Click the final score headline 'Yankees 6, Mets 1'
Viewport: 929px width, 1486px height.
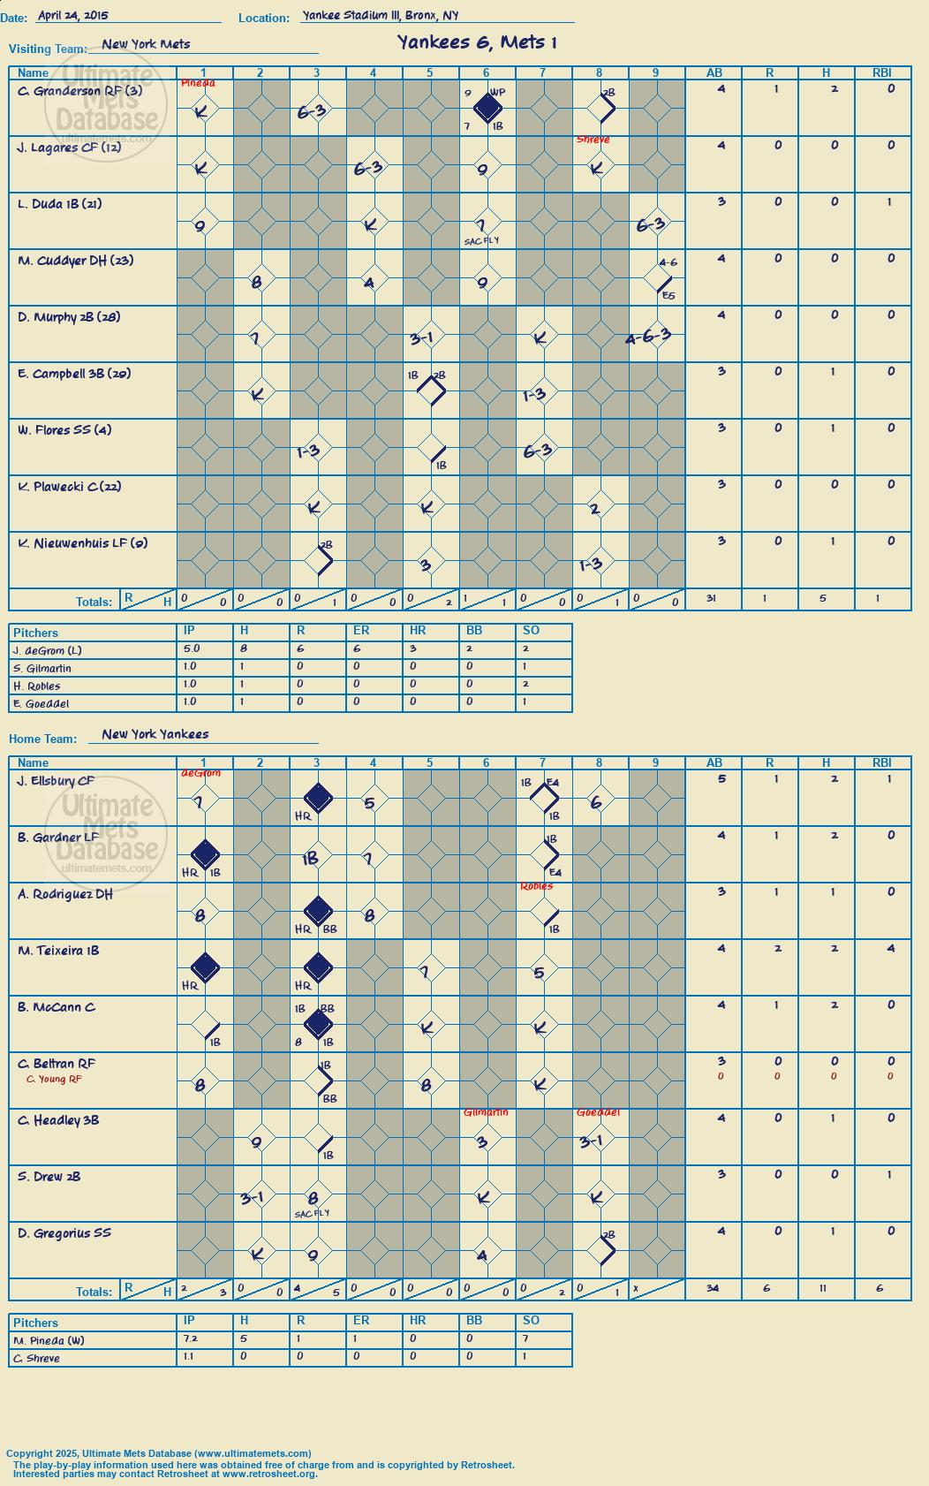pyautogui.click(x=477, y=42)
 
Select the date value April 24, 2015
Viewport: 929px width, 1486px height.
pyautogui.click(x=73, y=15)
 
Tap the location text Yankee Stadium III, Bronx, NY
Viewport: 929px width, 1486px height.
pyautogui.click(x=381, y=15)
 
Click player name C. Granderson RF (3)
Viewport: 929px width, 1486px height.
pyautogui.click(x=79, y=91)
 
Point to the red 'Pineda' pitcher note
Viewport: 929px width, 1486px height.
pyautogui.click(x=198, y=83)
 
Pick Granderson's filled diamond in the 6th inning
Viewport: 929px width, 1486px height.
pyautogui.click(x=487, y=108)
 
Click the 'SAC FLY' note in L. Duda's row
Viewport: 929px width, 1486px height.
pyautogui.click(x=481, y=241)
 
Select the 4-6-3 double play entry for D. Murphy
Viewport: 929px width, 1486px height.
pyautogui.click(x=648, y=337)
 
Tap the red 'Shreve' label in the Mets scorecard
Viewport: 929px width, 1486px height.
pyautogui.click(x=593, y=140)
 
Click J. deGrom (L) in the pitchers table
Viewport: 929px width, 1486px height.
pyautogui.click(x=47, y=651)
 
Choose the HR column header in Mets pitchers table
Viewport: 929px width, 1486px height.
pyautogui.click(x=418, y=630)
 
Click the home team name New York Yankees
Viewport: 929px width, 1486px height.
pyautogui.click(x=155, y=734)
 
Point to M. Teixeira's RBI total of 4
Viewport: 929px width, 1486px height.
pyautogui.click(x=890, y=948)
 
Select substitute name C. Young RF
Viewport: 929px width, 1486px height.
pyautogui.click(x=54, y=1080)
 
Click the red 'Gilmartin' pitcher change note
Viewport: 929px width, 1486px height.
pyautogui.click(x=486, y=1111)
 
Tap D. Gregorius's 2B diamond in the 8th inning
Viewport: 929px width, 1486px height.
pyautogui.click(x=601, y=1250)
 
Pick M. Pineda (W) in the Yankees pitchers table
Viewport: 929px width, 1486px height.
pyautogui.click(x=49, y=1341)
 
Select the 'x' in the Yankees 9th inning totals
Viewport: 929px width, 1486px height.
pyautogui.click(x=635, y=1288)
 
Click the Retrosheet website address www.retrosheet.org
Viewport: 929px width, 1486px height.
pyautogui.click(x=270, y=1474)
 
